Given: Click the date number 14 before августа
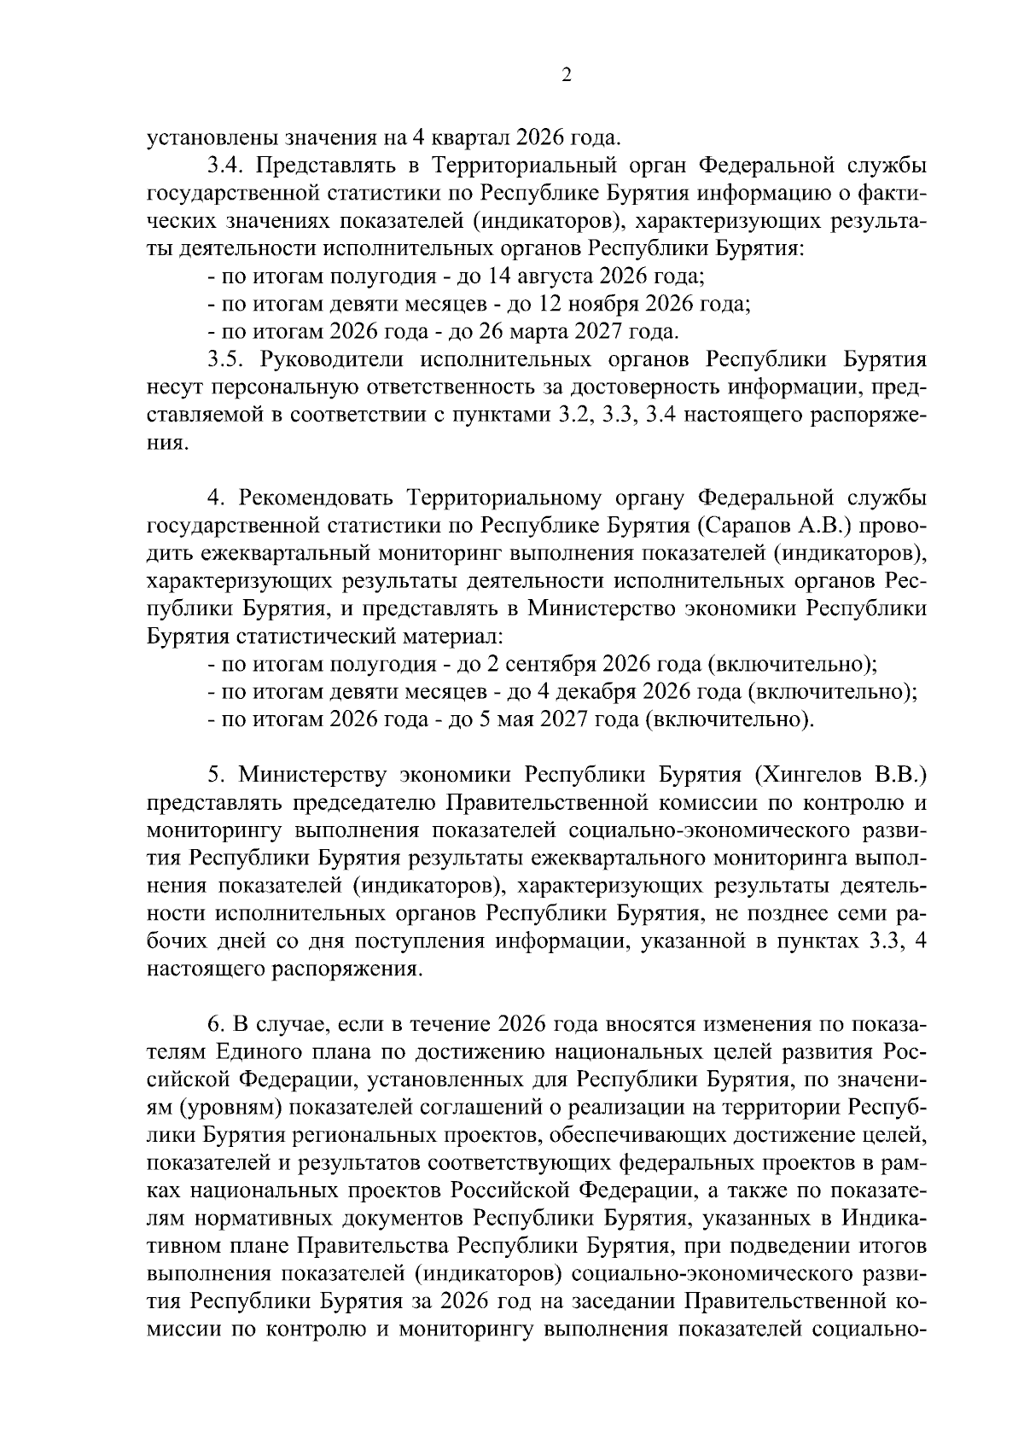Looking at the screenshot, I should pos(497,277).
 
